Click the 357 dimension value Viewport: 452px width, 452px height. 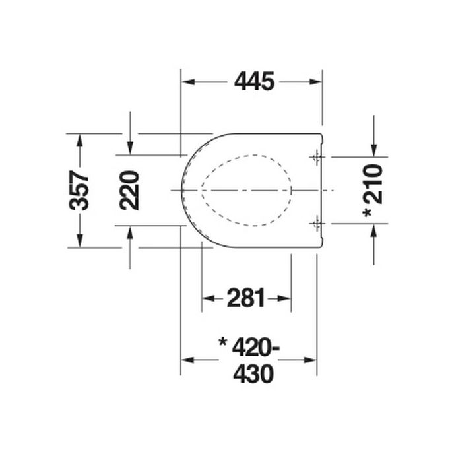click(x=80, y=190)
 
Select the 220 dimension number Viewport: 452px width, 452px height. click(x=130, y=190)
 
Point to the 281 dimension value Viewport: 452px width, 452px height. click(x=246, y=298)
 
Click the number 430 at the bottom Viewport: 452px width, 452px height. click(x=253, y=375)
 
